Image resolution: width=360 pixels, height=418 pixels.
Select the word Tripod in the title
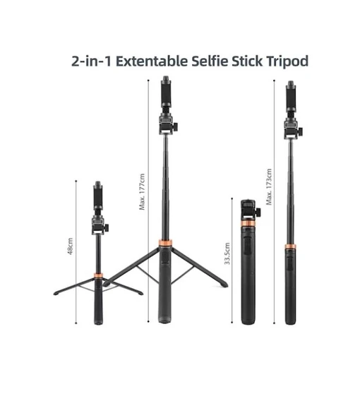287,61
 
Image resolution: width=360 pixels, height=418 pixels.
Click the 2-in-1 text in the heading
91,61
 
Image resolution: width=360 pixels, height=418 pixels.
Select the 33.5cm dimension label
227,251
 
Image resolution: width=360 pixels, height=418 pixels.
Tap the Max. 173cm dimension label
268,187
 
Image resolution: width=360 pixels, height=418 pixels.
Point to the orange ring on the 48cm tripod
97,273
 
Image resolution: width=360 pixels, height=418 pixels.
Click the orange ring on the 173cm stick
290,247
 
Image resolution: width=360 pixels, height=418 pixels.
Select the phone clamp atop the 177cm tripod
167,92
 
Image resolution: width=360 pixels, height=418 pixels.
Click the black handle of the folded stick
248,282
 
